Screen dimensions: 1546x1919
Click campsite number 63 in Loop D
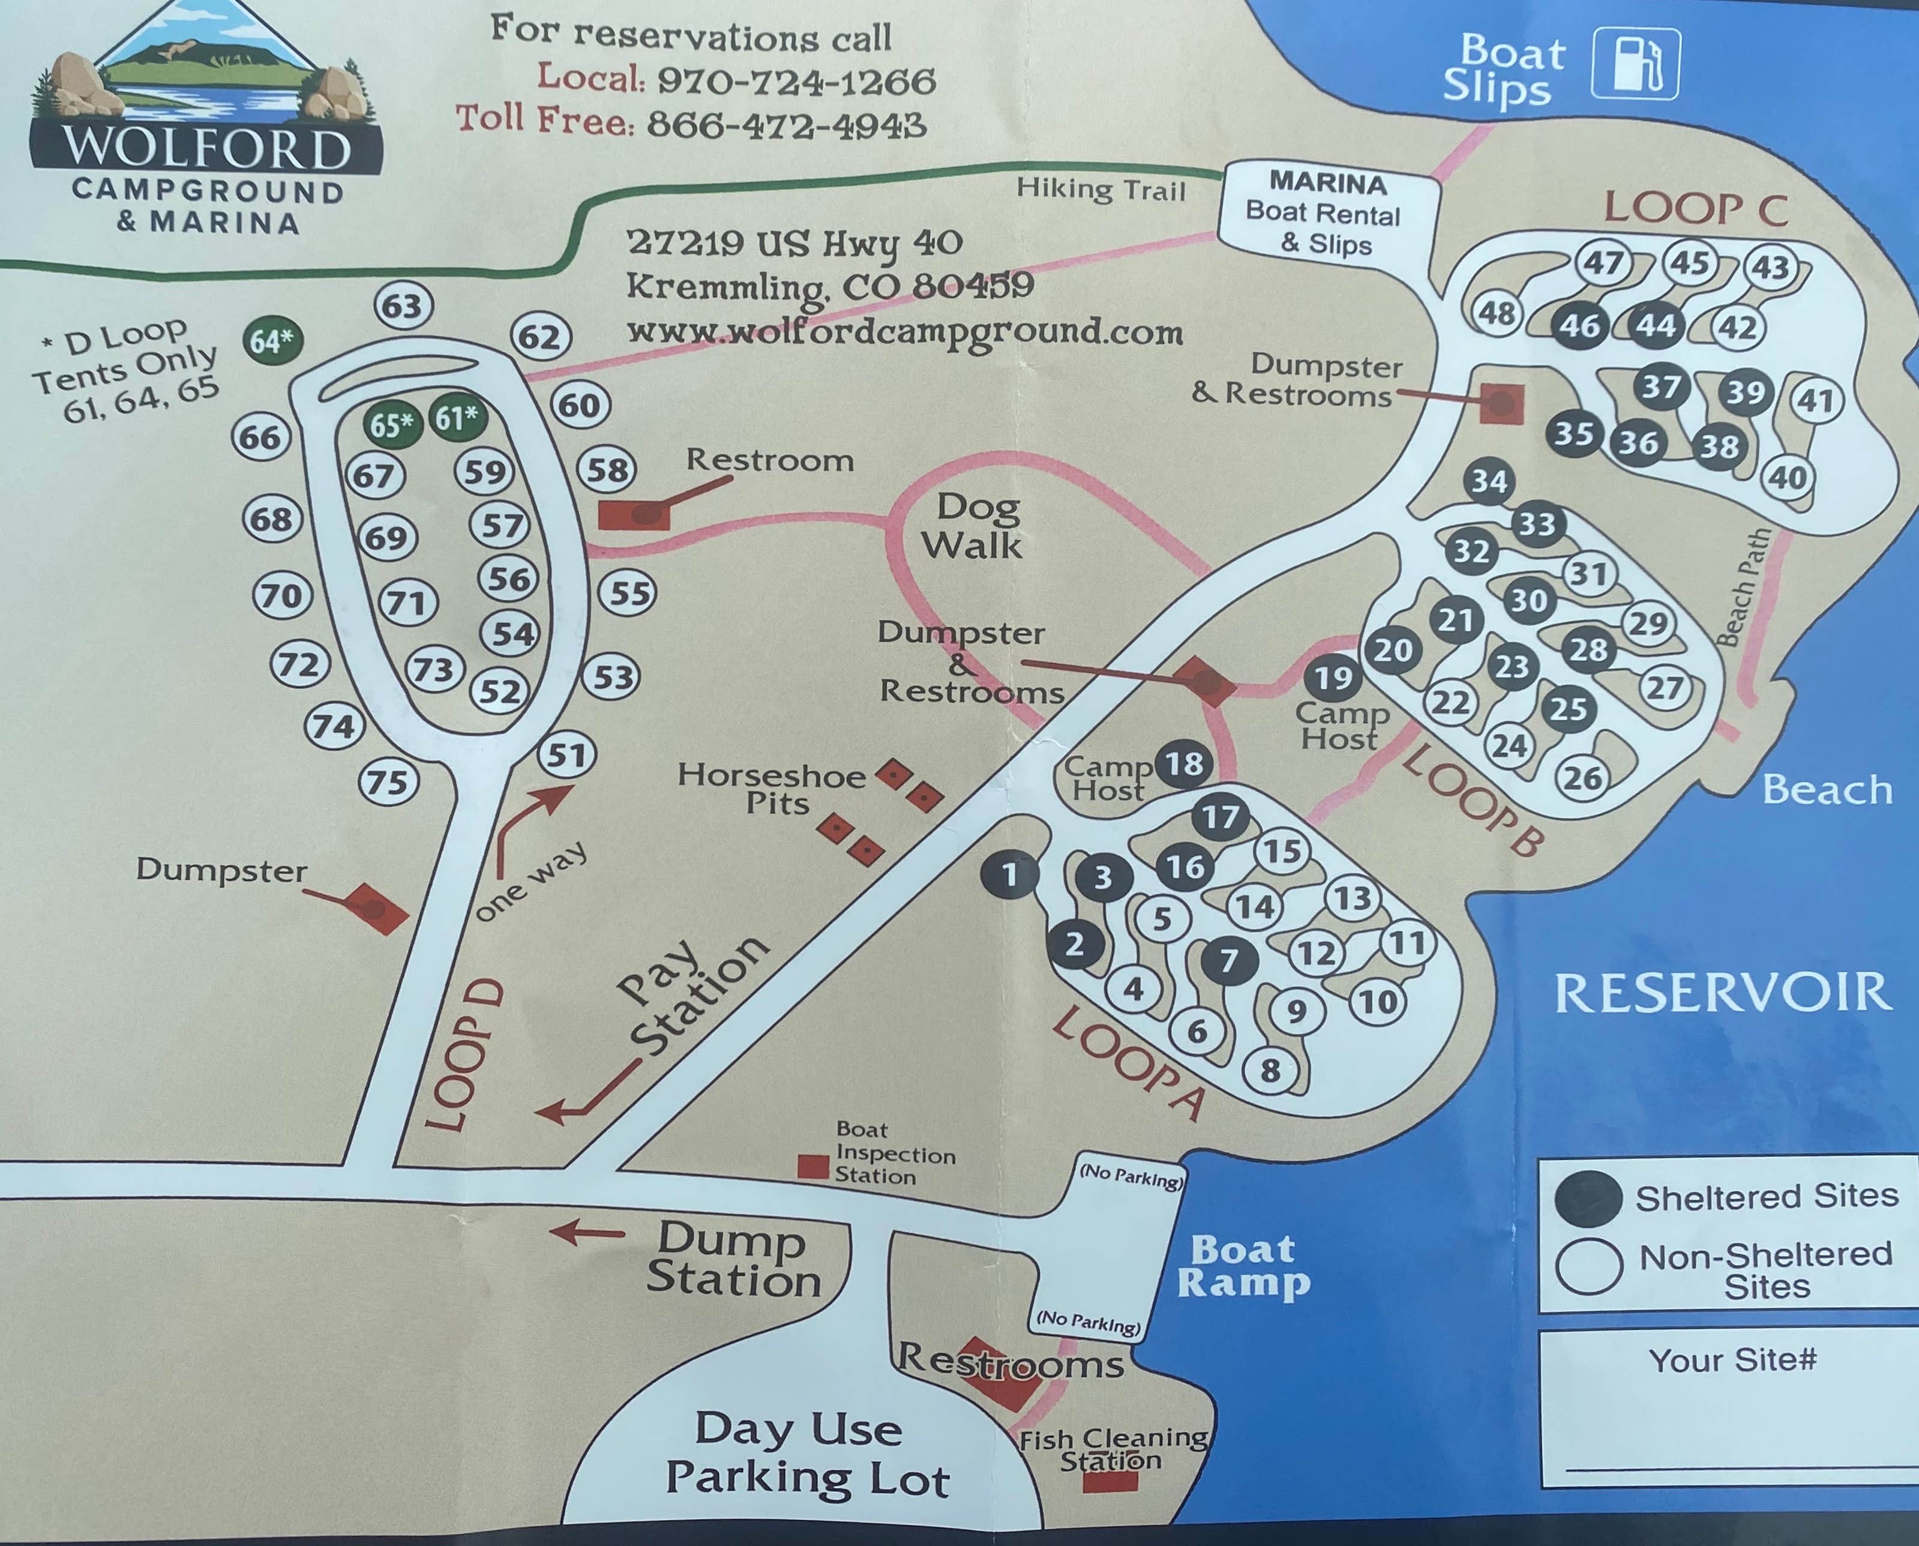(403, 306)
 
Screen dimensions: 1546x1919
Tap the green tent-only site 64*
(272, 340)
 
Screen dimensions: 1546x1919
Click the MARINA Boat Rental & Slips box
(1326, 214)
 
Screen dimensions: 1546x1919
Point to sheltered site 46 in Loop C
(1579, 326)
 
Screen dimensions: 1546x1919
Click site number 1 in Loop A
(1009, 876)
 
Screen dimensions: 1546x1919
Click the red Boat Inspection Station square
(812, 1167)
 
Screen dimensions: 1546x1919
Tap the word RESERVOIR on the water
(1723, 993)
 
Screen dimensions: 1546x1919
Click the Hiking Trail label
(1101, 189)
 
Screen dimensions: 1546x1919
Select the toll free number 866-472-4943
(786, 124)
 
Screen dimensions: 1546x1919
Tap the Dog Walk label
(973, 526)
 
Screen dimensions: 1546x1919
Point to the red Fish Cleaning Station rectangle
(1110, 1482)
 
